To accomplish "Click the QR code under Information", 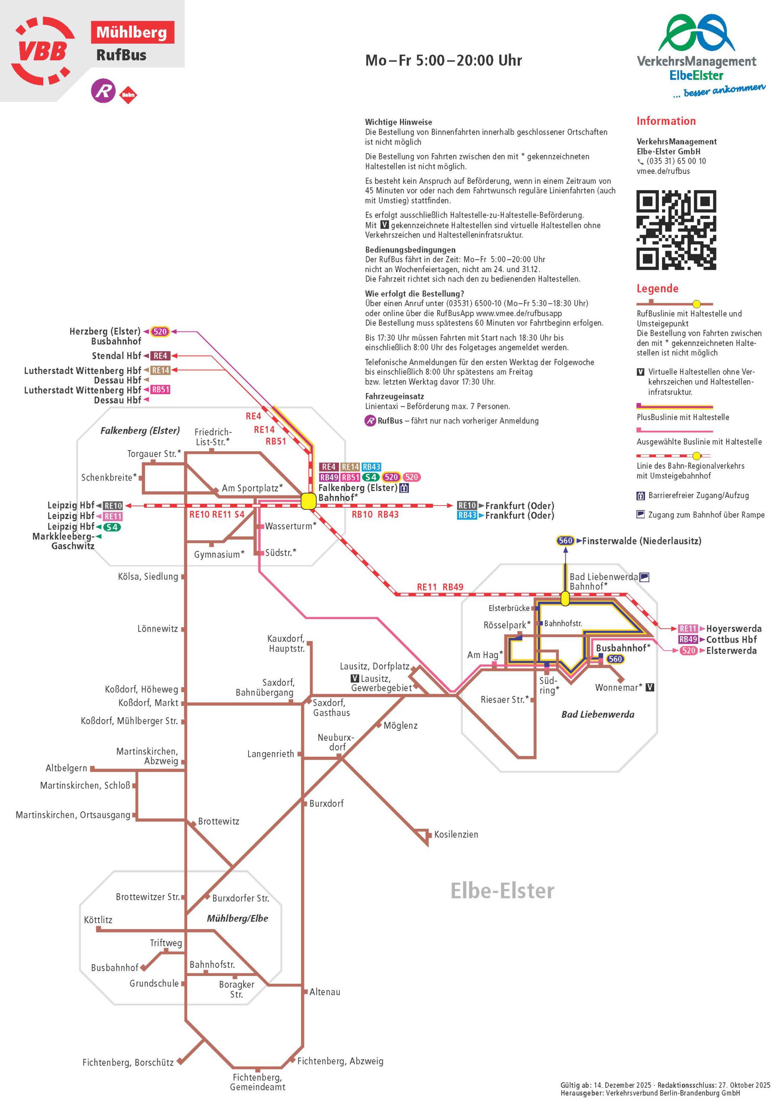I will tap(676, 230).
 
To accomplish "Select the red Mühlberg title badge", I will tap(132, 32).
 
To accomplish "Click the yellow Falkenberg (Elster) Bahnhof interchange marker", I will tap(308, 501).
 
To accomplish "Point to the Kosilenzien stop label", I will tap(456, 835).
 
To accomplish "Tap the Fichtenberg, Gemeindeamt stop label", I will tap(257, 1083).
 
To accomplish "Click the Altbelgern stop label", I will tap(66, 768).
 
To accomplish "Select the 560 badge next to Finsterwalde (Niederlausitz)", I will tap(565, 541).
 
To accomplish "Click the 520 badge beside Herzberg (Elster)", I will tap(160, 331).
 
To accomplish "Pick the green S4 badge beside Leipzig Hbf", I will tap(112, 527).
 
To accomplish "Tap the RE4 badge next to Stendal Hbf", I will tap(160, 356).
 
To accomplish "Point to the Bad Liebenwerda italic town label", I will tap(598, 714).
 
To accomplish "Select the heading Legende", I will tap(657, 289).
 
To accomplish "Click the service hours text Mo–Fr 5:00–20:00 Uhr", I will tap(443, 60).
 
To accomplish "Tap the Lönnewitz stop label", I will tap(158, 629).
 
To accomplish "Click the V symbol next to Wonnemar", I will tap(650, 687).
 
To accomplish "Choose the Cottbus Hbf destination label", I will tap(731, 639).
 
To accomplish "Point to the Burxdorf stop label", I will tap(326, 804).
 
